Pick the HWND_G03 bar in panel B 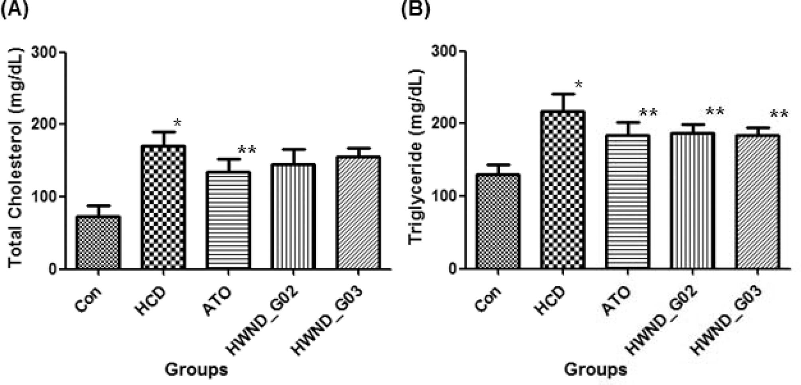(x=757, y=202)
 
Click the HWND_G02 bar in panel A (x=293, y=216)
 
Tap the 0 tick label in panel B (x=452, y=269)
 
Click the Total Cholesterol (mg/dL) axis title (x=16, y=158)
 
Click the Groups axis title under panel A (x=196, y=369)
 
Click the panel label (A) (x=14, y=9)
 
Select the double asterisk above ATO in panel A (x=247, y=150)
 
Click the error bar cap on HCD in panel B (x=562, y=94)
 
